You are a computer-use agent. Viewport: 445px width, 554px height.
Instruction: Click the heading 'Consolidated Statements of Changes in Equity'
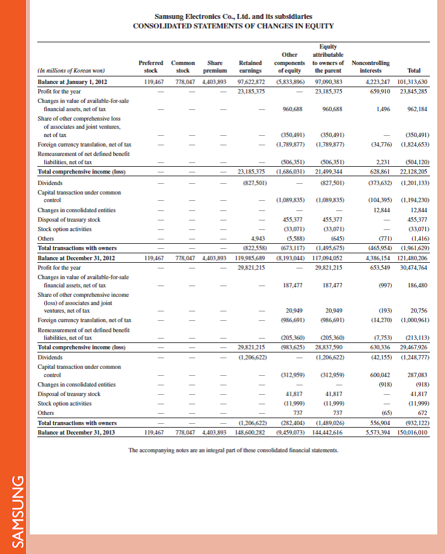[233, 26]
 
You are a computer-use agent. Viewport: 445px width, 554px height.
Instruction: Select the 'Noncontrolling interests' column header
[370, 67]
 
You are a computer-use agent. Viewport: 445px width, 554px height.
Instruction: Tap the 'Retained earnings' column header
[251, 67]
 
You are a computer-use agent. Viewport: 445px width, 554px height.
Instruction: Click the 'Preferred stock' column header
[150, 67]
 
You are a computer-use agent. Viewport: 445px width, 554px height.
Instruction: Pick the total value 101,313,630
[413, 82]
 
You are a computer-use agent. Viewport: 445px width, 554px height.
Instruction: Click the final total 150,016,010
[413, 433]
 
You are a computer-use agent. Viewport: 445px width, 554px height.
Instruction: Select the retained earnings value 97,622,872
[250, 82]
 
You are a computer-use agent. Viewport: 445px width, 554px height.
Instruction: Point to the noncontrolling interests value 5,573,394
[379, 433]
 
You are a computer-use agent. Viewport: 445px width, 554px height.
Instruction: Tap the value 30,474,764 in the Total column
[415, 267]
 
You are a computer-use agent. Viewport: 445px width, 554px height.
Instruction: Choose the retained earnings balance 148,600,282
[249, 433]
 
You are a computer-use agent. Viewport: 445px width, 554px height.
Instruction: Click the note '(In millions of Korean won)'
[71, 71]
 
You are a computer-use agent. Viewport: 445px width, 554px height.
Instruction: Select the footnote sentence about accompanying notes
[233, 450]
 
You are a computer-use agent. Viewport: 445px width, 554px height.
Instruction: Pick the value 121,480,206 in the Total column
[413, 258]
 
